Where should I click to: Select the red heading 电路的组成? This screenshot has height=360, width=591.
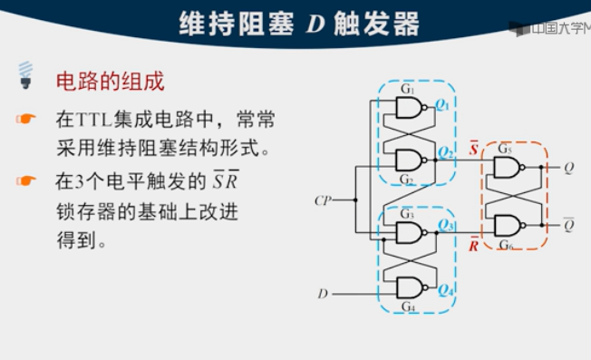[111, 82]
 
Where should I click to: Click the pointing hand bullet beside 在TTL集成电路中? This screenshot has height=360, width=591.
[26, 120]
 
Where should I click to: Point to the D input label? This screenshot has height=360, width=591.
[323, 294]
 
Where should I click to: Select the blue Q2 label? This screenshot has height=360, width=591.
[444, 151]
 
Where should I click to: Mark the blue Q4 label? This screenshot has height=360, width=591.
[444, 290]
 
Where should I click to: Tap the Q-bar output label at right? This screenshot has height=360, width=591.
[568, 225]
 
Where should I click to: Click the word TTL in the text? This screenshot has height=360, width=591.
[92, 120]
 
